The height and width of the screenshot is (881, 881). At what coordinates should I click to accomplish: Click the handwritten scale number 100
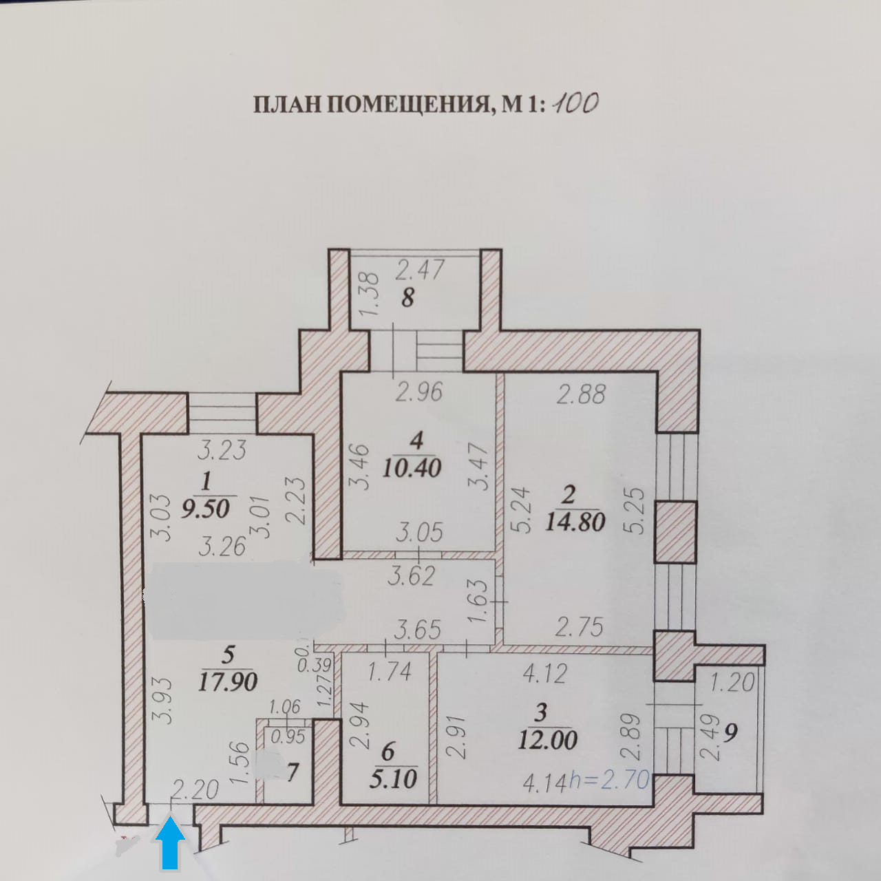tap(575, 103)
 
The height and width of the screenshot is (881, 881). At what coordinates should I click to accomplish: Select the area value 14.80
tap(575, 521)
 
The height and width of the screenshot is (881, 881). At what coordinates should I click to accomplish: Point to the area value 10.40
tap(412, 468)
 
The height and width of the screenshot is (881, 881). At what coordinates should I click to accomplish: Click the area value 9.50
tap(205, 509)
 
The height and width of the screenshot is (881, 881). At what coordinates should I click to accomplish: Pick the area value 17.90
tap(227, 681)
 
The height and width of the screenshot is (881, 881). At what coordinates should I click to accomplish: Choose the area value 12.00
tap(547, 740)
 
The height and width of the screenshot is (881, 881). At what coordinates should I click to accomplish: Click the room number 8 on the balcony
tap(407, 298)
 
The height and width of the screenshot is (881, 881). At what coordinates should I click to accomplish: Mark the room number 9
tap(730, 732)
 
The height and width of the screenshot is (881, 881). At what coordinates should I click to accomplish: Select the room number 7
tap(293, 772)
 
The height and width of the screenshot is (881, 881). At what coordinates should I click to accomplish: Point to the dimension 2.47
tap(420, 269)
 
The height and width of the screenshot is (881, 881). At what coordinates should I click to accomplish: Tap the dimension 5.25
tap(636, 510)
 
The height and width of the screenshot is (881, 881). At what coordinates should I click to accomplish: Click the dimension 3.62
tap(411, 575)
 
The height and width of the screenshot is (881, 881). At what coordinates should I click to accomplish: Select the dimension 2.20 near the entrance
tap(195, 790)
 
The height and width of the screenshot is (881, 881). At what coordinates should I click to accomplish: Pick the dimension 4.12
tap(544, 673)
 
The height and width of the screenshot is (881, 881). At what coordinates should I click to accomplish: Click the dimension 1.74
tap(390, 671)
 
